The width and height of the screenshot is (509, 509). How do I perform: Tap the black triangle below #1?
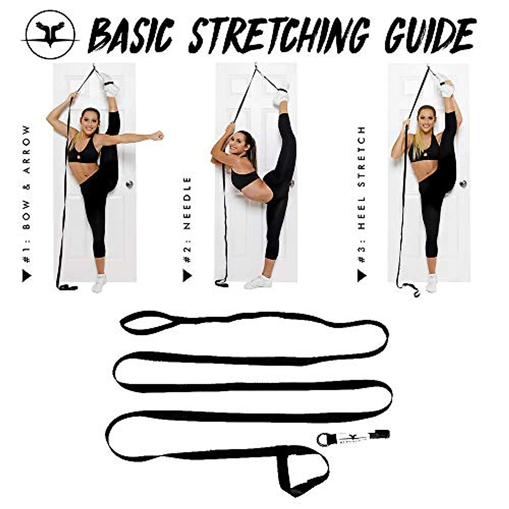coord(27,276)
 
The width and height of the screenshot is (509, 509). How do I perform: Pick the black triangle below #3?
coord(361,276)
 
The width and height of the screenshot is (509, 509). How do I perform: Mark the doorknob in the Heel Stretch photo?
coord(464,184)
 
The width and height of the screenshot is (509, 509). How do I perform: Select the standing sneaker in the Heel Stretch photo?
coord(431,284)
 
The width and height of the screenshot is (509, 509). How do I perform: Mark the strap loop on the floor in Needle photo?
coord(221,282)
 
